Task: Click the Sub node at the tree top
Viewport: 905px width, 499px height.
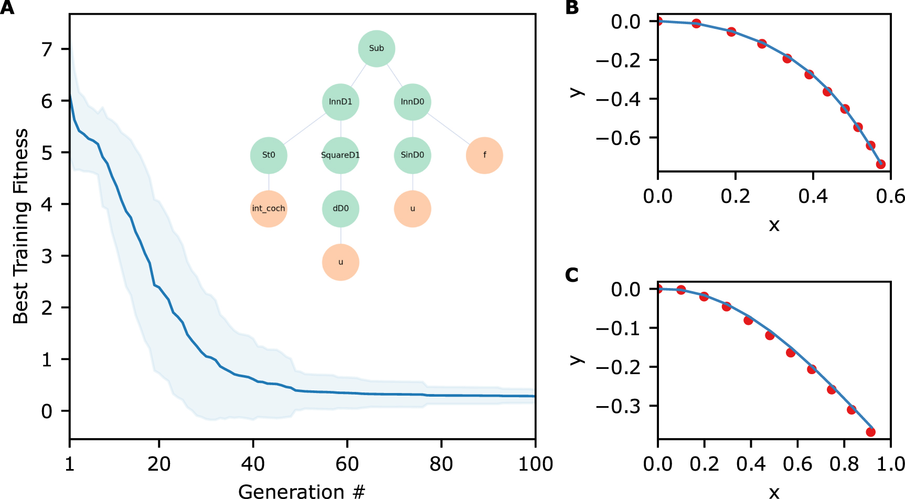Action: click(x=376, y=48)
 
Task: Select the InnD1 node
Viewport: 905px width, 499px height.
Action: click(x=340, y=102)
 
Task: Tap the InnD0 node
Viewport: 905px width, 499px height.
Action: click(x=412, y=102)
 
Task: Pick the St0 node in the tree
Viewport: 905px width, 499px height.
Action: click(x=269, y=155)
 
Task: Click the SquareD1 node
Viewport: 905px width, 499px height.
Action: click(x=340, y=155)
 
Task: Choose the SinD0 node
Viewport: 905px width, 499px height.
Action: click(x=412, y=155)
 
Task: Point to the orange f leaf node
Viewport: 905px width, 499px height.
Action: click(x=484, y=155)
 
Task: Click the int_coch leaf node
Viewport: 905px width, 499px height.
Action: click(x=269, y=209)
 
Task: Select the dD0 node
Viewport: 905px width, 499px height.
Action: click(x=340, y=209)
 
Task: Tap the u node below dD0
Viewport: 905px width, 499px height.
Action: click(x=340, y=262)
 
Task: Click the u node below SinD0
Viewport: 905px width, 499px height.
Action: click(x=412, y=209)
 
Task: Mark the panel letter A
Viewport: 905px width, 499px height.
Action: click(x=7, y=8)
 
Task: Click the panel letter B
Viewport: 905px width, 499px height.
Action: click(x=572, y=8)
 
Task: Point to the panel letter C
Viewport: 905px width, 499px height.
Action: click(x=572, y=275)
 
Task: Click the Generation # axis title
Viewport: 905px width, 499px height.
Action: click(x=301, y=491)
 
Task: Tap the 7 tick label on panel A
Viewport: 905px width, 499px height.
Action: click(x=47, y=49)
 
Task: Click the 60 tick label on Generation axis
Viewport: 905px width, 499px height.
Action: click(x=347, y=464)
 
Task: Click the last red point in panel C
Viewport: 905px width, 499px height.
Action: click(x=870, y=432)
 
